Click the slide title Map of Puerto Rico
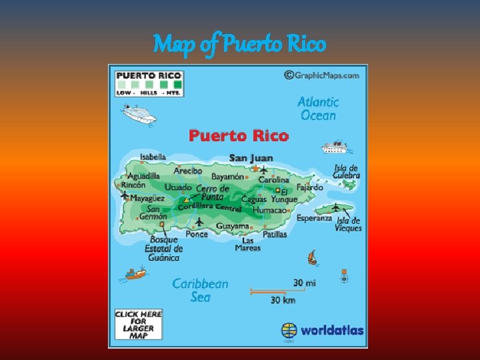point(239,45)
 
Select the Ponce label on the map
point(197,234)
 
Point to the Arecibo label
point(188,171)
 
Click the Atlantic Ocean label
point(318,109)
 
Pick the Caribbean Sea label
point(200,290)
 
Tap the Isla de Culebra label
point(347,172)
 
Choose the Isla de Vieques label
point(349,224)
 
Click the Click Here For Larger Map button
point(139,324)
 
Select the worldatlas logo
point(323,330)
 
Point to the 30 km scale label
point(283,300)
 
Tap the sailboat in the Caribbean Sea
point(311,257)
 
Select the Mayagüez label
point(147,198)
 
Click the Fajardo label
point(309,187)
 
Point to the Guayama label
point(232,226)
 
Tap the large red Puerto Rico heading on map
point(239,136)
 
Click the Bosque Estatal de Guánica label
point(163,249)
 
